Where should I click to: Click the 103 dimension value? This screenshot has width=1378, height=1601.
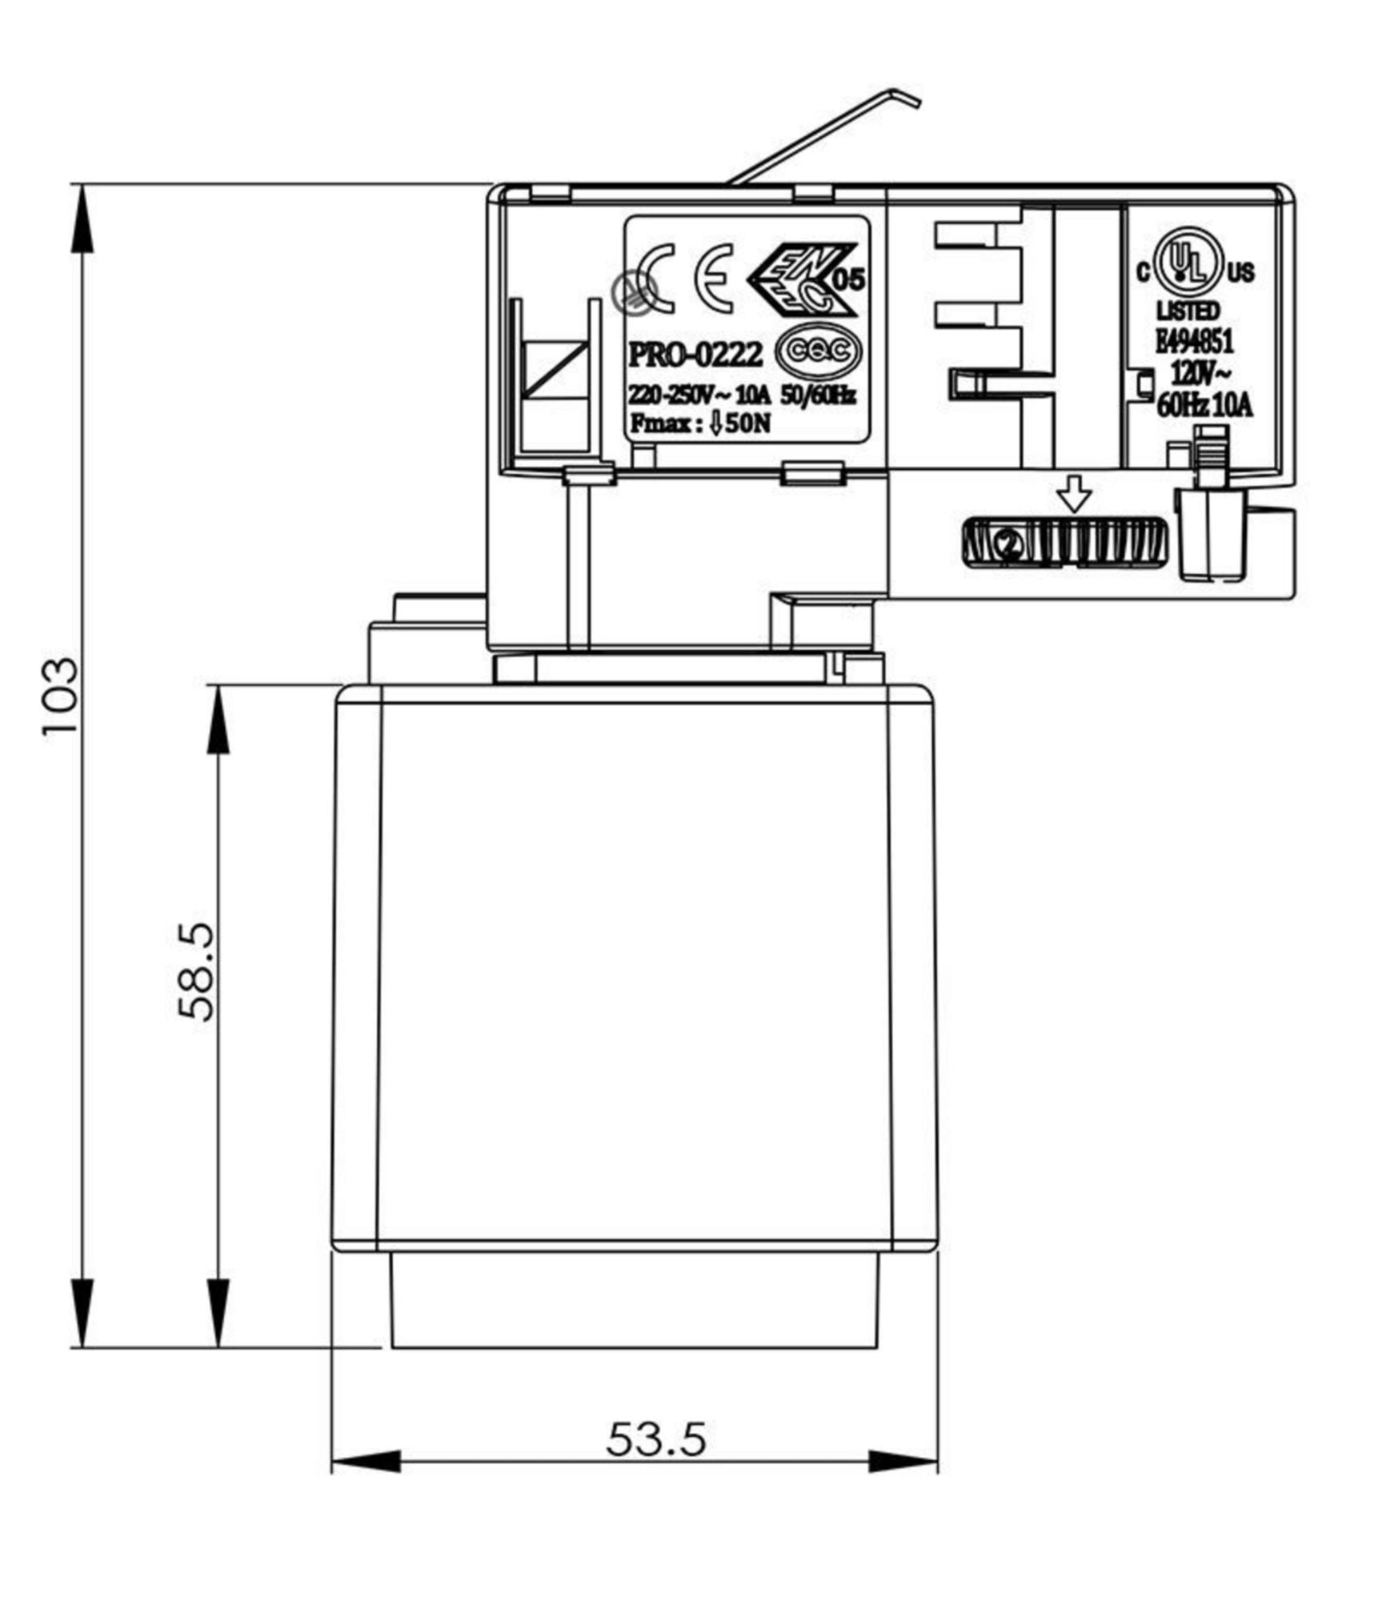point(62,697)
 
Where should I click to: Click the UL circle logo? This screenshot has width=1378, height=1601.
point(1188,259)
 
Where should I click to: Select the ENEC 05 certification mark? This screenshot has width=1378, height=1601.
point(804,278)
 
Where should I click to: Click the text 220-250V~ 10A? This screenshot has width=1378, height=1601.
point(699,395)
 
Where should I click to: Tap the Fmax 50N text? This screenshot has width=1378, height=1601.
point(700,423)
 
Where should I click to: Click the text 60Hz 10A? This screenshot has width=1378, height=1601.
point(1205,406)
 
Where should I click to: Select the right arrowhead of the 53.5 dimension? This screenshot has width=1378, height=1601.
point(904,1462)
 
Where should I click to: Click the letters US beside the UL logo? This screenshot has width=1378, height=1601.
point(1240,273)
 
